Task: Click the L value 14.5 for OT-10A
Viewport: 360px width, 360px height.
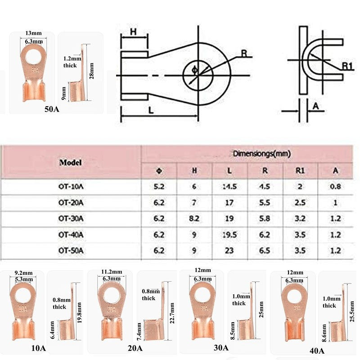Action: point(229,188)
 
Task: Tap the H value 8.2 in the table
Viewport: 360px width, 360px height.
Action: point(194,219)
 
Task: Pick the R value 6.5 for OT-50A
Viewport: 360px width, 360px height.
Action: point(265,251)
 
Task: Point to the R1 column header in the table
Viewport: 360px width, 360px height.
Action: point(300,171)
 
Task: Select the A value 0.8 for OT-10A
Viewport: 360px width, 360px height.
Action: point(335,188)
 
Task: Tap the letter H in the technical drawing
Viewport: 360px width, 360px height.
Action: point(133,32)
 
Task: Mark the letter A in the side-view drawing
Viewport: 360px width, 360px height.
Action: point(315,106)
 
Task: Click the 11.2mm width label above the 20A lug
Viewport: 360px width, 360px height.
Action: point(111,272)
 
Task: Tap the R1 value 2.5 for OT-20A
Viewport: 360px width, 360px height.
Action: point(300,203)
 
